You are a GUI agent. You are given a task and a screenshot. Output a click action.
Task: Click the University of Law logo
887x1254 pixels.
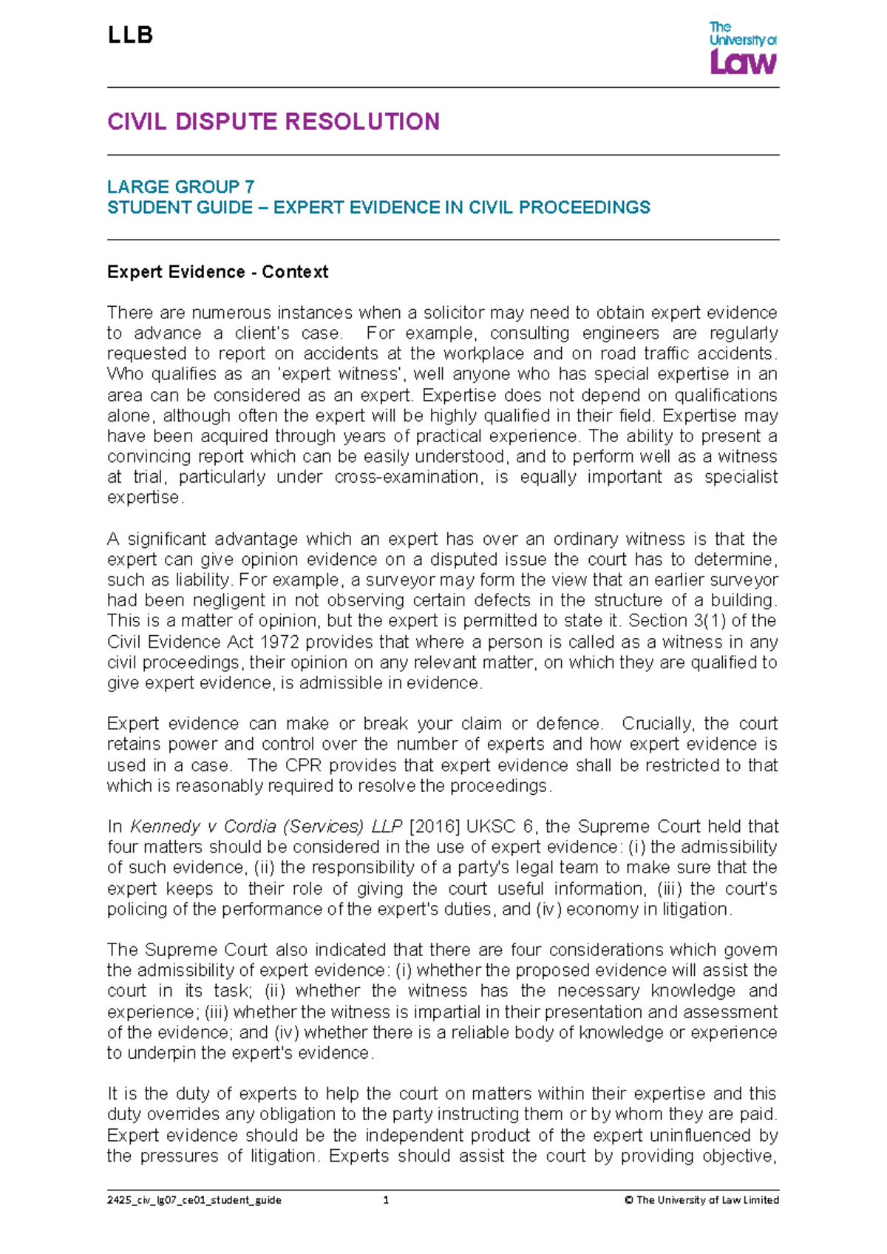pos(742,48)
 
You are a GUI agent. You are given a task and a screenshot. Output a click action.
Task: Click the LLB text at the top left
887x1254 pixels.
pos(130,35)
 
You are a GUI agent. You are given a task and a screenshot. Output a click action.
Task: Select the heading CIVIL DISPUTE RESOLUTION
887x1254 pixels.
pos(273,122)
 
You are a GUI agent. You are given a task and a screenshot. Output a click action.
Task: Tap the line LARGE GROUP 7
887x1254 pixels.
pos(180,186)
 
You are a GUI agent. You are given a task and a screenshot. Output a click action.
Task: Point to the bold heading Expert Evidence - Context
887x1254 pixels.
pos(217,272)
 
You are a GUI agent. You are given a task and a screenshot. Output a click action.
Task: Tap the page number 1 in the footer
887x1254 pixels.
pos(386,1201)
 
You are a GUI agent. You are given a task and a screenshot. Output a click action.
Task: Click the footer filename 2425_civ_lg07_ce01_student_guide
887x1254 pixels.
pos(194,1201)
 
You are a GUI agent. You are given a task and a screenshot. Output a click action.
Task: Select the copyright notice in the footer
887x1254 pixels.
pos(701,1201)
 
